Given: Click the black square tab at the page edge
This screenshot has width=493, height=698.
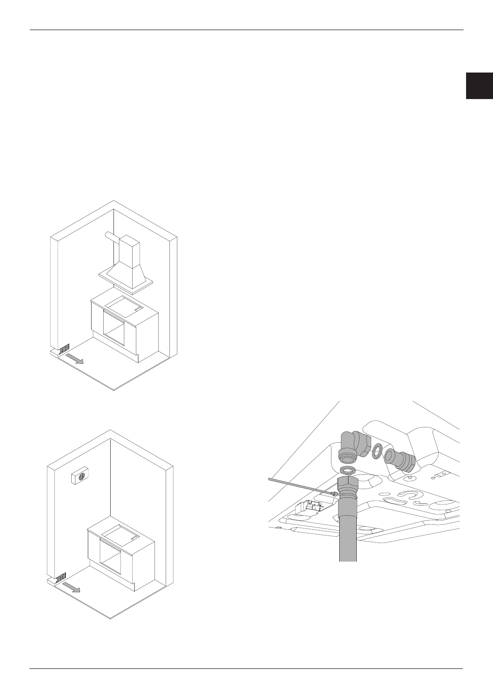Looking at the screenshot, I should coord(479,86).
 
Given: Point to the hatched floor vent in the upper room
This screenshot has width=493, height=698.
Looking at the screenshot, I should coord(65,349).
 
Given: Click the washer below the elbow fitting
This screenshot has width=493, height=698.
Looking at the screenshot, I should coord(348,470).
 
